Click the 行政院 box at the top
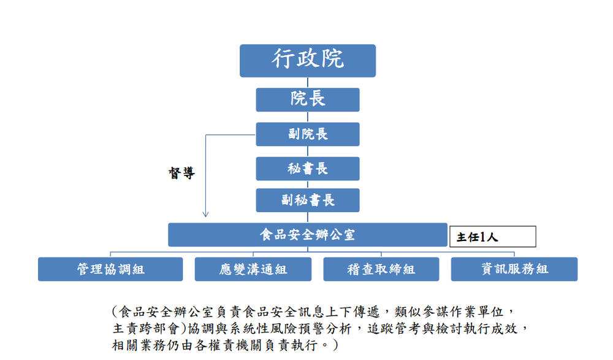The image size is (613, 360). [x=308, y=60]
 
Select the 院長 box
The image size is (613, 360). [x=308, y=99]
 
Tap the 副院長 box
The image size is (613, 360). [x=308, y=134]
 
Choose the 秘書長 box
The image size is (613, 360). [x=308, y=169]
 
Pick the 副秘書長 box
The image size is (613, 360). [x=308, y=200]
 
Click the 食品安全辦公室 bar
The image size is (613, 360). [x=308, y=234]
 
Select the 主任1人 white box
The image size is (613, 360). [x=493, y=237]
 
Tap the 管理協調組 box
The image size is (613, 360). [x=110, y=269]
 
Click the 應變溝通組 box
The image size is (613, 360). [x=253, y=269]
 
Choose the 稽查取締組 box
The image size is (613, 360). [x=381, y=269]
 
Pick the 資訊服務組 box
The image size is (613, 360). [x=514, y=269]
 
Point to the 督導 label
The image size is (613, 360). [x=181, y=174]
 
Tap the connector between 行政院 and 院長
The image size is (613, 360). [x=308, y=83]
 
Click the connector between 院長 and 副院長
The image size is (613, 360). [x=308, y=117]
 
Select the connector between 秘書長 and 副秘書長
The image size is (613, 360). [x=308, y=185]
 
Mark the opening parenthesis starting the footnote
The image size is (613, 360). [x=116, y=312]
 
